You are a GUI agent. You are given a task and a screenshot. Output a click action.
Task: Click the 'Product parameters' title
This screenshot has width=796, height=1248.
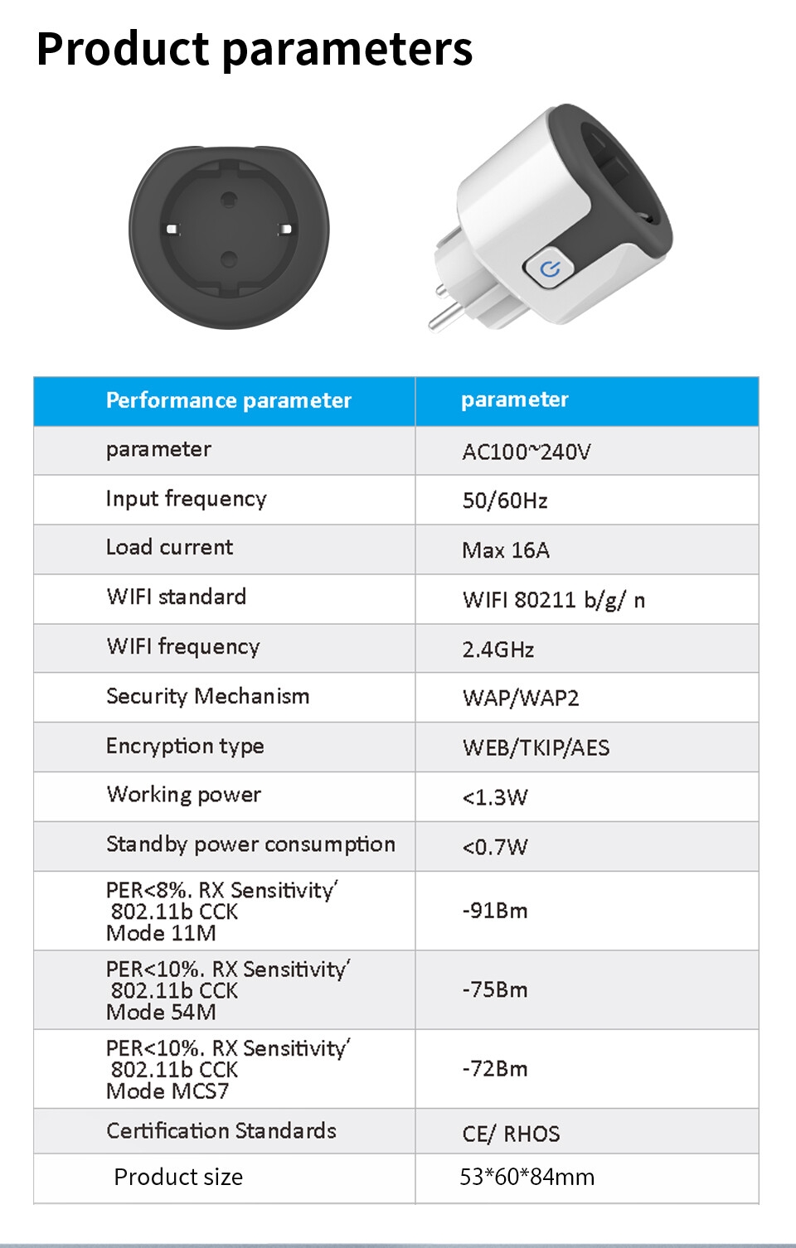click(255, 48)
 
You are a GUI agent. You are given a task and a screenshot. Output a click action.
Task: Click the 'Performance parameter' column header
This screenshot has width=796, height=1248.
click(229, 401)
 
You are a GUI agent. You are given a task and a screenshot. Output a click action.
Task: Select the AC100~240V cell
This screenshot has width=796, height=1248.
click(527, 452)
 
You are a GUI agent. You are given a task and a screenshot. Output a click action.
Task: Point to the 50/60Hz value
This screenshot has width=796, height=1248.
click(505, 501)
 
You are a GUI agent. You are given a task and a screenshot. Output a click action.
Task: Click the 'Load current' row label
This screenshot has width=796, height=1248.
click(170, 548)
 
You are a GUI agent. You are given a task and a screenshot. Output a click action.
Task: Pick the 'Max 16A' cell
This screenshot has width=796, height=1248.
click(506, 550)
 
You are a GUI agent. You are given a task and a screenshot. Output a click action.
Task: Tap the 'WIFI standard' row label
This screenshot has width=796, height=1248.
click(177, 597)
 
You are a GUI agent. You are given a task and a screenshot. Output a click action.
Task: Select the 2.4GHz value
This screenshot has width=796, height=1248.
click(498, 650)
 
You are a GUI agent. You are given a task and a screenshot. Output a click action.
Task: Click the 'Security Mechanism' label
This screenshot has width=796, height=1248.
click(208, 696)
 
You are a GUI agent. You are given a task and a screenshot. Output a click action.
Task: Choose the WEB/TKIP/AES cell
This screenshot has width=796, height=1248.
click(536, 747)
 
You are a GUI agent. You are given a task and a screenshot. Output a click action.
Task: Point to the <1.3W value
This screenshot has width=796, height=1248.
click(495, 797)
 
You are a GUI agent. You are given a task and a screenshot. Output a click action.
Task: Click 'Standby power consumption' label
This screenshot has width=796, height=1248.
click(250, 844)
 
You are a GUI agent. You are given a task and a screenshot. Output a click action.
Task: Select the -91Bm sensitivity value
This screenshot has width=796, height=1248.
click(495, 911)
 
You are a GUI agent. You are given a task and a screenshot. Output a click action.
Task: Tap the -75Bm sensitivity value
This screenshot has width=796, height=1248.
click(495, 989)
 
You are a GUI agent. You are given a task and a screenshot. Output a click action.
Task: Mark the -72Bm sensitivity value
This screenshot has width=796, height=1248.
click(495, 1069)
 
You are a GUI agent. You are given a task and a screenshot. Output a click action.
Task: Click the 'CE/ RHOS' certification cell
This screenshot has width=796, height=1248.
click(511, 1134)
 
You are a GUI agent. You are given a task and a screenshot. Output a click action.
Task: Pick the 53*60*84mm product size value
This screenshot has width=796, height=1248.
click(527, 1178)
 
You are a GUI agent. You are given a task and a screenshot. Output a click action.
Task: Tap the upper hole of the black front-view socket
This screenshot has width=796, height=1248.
click(229, 199)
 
